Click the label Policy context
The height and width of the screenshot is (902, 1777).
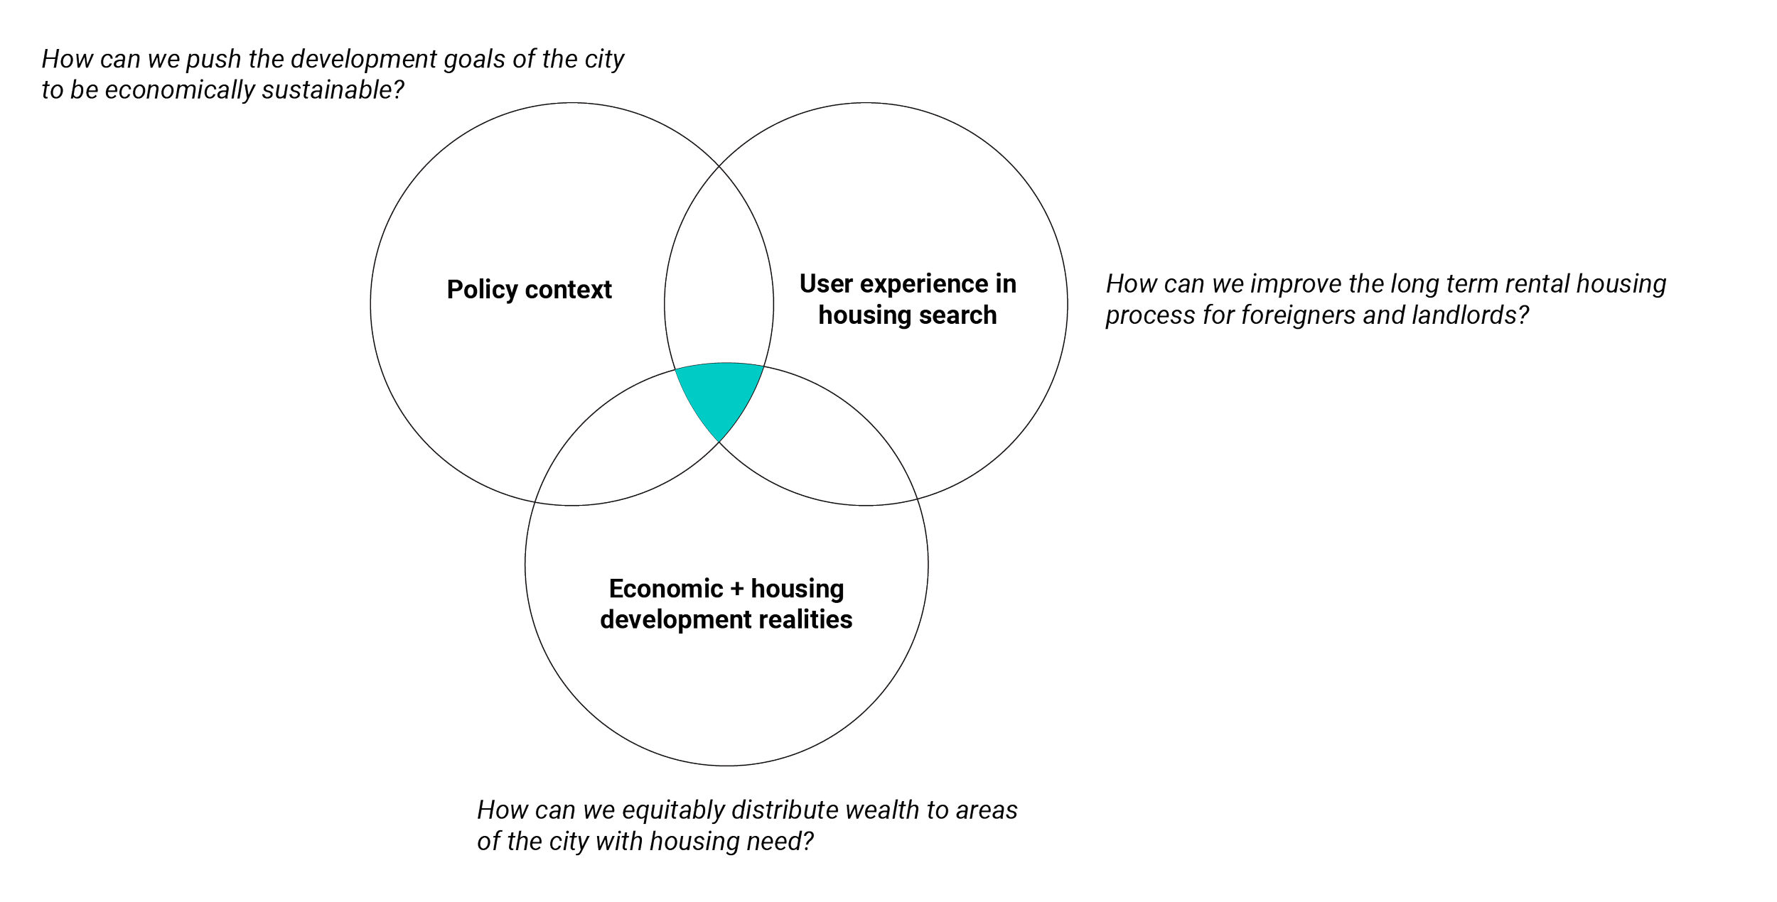click(x=529, y=290)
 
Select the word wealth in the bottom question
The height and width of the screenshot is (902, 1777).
click(x=871, y=810)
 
